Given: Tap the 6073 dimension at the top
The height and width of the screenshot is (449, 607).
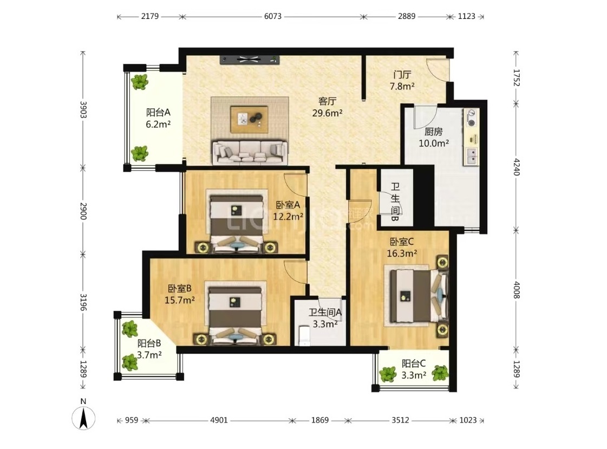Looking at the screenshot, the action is [273, 16].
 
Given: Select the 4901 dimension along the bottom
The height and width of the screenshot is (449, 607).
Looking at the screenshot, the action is [219, 420].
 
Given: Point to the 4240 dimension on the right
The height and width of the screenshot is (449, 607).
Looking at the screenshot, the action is [516, 166].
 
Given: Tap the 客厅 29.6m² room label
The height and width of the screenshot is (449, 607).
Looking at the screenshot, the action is [327, 107].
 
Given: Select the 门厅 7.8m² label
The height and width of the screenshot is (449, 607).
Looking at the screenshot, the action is [402, 81].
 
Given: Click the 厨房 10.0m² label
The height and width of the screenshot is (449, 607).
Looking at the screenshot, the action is [434, 138].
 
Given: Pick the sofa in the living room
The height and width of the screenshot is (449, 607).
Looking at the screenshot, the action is [250, 153].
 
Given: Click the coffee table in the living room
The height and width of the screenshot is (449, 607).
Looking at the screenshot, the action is [249, 119].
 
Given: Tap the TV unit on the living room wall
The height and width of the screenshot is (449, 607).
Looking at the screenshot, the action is [250, 59].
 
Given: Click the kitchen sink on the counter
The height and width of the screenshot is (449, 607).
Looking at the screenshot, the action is [472, 155].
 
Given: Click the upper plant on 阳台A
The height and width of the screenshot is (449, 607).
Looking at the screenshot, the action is [139, 82].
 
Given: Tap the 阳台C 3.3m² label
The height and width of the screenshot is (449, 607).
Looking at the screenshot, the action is [414, 369].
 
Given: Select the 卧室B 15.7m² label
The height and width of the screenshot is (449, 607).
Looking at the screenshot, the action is [180, 294].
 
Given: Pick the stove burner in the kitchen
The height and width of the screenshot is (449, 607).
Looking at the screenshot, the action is [472, 123].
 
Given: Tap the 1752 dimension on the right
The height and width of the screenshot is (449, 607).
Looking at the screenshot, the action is [516, 77].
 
